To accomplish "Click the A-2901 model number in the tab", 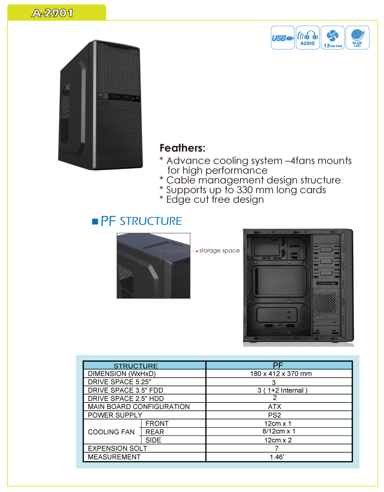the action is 52,13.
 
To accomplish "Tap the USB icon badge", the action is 282,37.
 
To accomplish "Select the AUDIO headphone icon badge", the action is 308,37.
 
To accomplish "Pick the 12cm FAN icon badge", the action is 333,37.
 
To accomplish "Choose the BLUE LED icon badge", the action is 358,37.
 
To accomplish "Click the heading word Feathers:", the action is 182,148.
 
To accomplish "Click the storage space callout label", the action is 219,251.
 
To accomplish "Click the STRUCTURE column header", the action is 136,366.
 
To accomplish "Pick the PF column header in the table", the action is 278,365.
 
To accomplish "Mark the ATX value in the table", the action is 275,406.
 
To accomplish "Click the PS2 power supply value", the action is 275,415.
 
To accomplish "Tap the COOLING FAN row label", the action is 111,432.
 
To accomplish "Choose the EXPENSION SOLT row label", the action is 117,448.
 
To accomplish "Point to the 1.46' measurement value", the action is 277,457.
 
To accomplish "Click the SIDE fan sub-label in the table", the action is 153,440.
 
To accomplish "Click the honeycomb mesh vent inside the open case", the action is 325,304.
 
